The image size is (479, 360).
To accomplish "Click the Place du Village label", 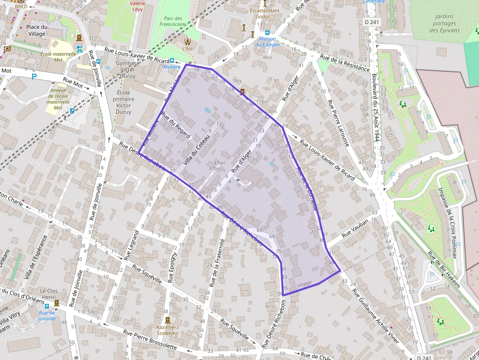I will click(x=36, y=30).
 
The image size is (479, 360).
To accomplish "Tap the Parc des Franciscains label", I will click(x=174, y=21).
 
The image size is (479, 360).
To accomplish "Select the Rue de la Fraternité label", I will click(x=217, y=263).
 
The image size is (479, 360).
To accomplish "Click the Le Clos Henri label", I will click(x=49, y=294).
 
